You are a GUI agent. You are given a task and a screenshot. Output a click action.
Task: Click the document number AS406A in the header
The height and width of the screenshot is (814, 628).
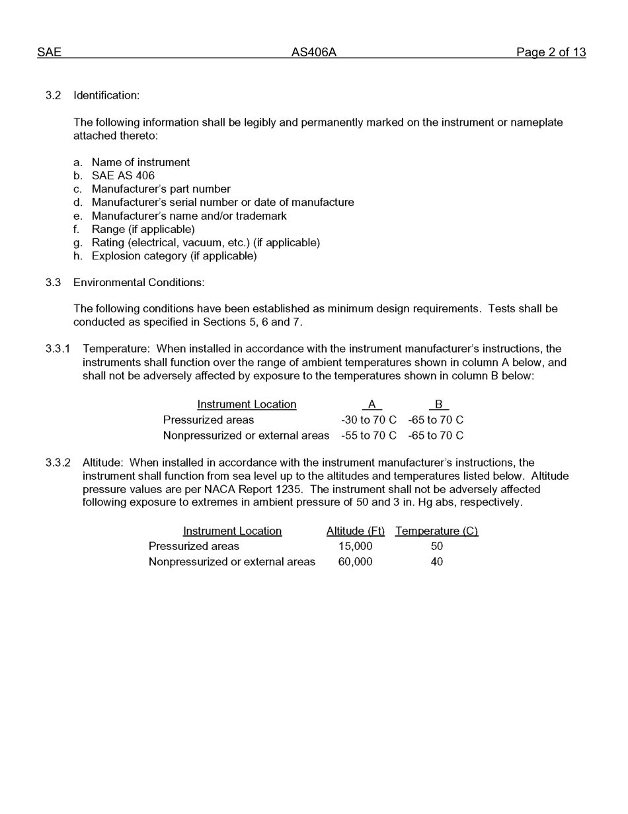pyautogui.click(x=313, y=52)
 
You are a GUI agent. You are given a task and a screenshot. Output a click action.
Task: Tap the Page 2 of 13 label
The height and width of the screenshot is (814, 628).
pyautogui.click(x=551, y=52)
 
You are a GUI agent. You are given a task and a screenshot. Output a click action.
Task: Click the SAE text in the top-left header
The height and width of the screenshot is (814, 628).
pyautogui.click(x=49, y=52)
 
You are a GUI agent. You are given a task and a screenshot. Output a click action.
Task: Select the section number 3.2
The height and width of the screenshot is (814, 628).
pyautogui.click(x=53, y=95)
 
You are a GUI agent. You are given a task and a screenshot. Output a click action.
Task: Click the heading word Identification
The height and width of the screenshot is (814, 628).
pyautogui.click(x=106, y=95)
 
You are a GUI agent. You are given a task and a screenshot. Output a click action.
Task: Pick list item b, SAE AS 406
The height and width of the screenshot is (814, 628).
pyautogui.click(x=123, y=175)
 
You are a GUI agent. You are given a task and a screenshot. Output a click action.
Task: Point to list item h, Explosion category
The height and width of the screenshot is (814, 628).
pyautogui.click(x=174, y=255)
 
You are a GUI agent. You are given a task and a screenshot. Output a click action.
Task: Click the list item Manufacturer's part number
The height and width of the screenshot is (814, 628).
pyautogui.click(x=161, y=189)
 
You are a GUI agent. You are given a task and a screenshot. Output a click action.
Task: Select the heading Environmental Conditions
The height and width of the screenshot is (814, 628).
pyautogui.click(x=139, y=282)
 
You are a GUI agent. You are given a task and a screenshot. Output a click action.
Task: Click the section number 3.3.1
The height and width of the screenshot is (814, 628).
pyautogui.click(x=58, y=349)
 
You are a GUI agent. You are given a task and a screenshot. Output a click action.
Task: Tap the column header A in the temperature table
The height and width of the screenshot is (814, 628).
pyautogui.click(x=372, y=404)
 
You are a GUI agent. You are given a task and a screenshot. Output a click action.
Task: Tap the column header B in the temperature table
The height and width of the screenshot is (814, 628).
pyautogui.click(x=438, y=404)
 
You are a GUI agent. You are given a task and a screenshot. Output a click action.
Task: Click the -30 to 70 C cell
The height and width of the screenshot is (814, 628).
pyautogui.click(x=368, y=420)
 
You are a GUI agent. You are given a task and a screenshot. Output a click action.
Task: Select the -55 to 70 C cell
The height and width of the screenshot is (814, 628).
pyautogui.click(x=368, y=435)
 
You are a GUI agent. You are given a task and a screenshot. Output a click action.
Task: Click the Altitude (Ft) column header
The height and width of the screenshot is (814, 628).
pyautogui.click(x=355, y=531)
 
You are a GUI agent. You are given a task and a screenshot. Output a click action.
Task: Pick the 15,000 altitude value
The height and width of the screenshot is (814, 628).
pyautogui.click(x=355, y=546)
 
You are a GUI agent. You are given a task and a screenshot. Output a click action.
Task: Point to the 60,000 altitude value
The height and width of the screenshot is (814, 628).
pyautogui.click(x=355, y=562)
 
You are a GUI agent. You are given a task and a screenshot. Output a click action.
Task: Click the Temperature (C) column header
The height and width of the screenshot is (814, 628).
pyautogui.click(x=436, y=531)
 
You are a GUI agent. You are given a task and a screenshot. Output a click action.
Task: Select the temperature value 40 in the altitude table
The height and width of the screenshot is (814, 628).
pyautogui.click(x=436, y=562)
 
